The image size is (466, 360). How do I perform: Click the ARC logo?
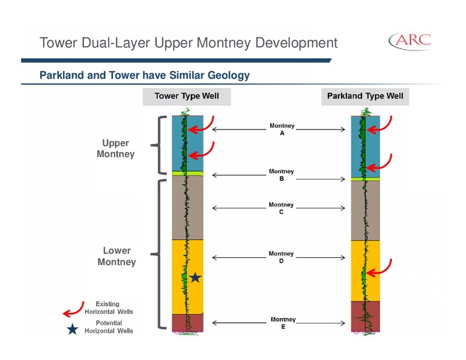pos(410,41)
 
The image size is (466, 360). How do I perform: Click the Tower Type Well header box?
pos(187,97)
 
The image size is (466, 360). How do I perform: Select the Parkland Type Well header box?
pos(365,97)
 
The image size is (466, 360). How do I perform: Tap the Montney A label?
pos(282,129)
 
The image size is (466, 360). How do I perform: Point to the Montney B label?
pos(282,175)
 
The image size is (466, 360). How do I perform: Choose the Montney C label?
pos(281,208)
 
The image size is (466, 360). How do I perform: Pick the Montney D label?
pos(281,257)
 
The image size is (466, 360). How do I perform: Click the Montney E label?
pos(283,323)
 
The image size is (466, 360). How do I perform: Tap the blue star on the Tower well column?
pos(195,278)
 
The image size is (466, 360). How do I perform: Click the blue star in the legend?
pos(72,329)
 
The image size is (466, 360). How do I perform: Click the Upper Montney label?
pos(116,149)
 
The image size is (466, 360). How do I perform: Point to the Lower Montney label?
pos(116,256)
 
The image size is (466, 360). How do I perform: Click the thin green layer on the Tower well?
pos(188,173)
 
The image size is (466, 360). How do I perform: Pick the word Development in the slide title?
pos(296,43)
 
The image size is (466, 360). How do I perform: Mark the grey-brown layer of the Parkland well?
pos(366,210)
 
